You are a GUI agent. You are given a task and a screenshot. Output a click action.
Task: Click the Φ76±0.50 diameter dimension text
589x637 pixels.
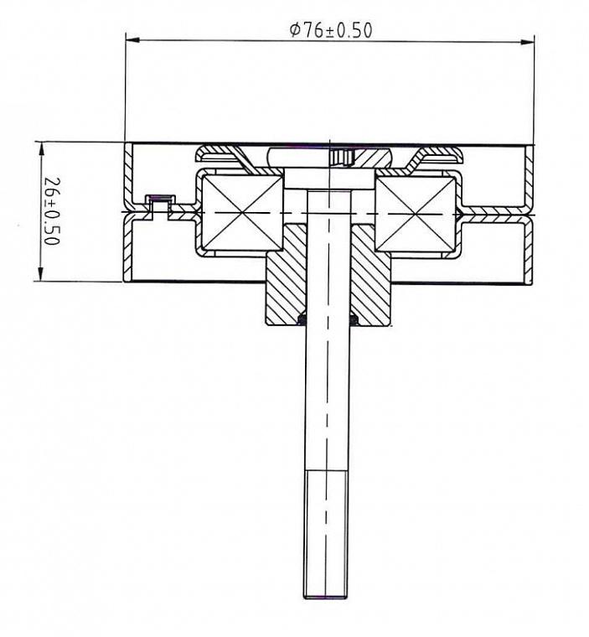tap(331, 30)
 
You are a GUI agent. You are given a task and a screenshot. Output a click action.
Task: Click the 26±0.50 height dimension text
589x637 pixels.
tap(52, 211)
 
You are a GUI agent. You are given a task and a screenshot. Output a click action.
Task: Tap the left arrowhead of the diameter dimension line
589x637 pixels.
tap(132, 40)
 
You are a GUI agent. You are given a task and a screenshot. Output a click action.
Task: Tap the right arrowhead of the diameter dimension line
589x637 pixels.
tap(527, 41)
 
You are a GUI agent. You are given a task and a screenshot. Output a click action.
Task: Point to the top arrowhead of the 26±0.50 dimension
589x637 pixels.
tap(40, 149)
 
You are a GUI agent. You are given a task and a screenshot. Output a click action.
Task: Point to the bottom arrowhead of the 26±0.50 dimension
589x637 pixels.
tap(40, 273)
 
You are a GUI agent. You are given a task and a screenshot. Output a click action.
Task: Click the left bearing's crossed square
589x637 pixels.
tap(242, 212)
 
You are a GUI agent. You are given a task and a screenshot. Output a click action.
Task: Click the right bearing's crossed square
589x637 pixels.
tap(415, 214)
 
